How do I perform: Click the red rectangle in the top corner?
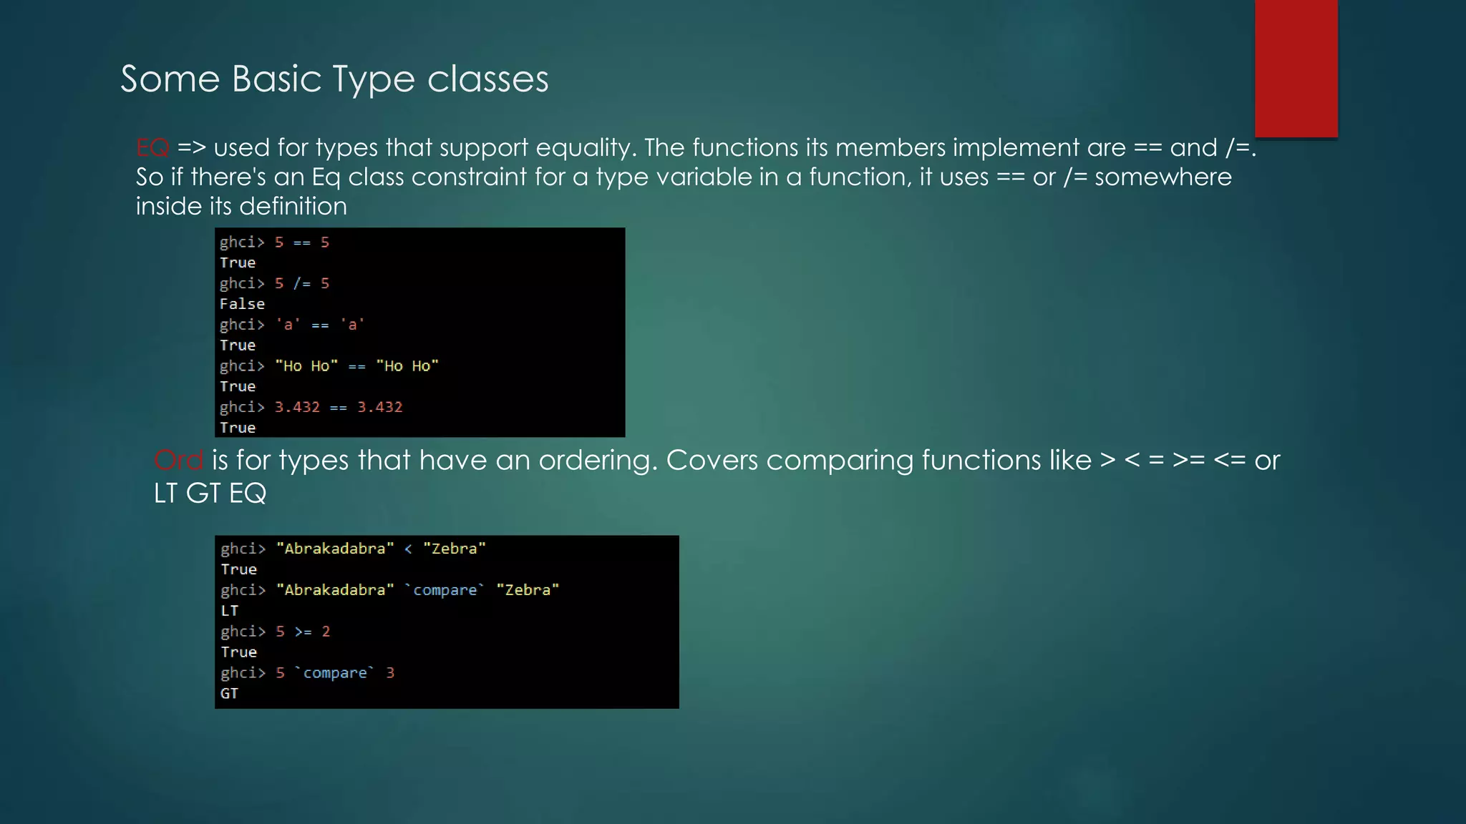click(1296, 68)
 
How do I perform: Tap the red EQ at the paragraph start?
click(152, 148)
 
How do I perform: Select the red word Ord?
click(178, 461)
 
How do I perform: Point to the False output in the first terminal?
click(242, 304)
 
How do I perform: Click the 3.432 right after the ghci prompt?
click(297, 407)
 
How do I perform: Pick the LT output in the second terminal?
click(229, 611)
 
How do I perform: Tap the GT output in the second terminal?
click(229, 694)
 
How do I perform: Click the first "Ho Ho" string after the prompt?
click(306, 366)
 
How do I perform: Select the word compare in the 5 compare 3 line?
click(334, 673)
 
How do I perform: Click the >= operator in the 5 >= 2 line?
click(303, 632)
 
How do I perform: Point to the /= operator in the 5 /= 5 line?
click(301, 284)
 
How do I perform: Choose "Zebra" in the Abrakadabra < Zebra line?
click(454, 549)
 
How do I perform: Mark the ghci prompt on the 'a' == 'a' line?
click(242, 325)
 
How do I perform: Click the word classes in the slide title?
click(487, 79)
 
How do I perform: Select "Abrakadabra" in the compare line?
click(335, 590)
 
